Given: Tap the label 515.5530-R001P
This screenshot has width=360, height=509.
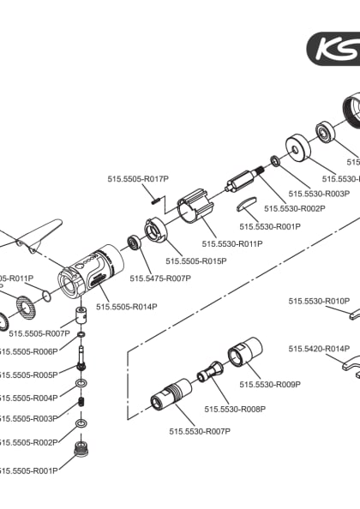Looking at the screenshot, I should click(270, 227).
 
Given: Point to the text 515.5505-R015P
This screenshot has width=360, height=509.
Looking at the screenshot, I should click(195, 260).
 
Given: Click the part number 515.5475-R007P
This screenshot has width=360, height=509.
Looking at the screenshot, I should click(159, 278).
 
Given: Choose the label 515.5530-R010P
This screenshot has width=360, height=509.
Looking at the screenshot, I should click(318, 301).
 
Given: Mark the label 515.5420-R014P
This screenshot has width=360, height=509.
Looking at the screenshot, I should click(318, 349).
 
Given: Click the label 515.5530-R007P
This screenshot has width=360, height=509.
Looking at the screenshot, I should click(199, 431).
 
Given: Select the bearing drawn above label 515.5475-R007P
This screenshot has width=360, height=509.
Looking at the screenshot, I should click(135, 244).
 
